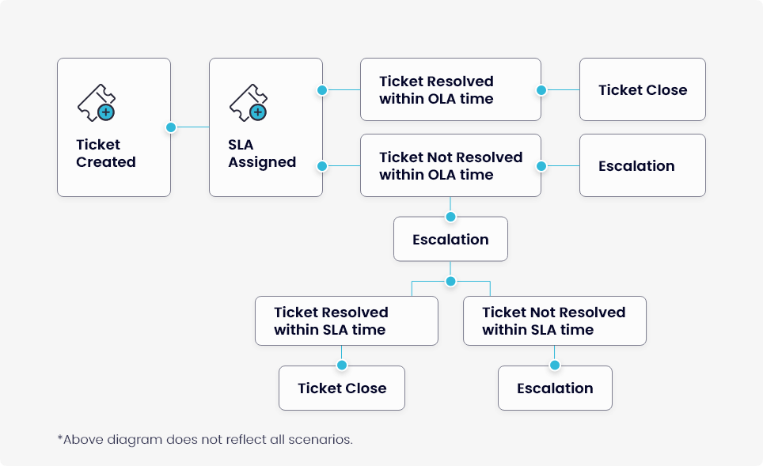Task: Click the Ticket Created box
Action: click(114, 127)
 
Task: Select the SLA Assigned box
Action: click(266, 127)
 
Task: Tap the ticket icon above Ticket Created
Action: click(97, 103)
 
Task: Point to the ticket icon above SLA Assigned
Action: click(249, 103)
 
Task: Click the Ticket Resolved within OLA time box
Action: click(450, 89)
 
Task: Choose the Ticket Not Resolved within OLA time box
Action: click(450, 165)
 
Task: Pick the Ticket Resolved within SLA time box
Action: click(347, 321)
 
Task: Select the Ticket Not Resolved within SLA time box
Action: click(555, 321)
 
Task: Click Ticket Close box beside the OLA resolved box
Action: click(643, 89)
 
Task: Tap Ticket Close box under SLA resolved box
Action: click(342, 388)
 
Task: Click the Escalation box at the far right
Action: click(643, 165)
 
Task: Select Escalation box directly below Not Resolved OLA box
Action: click(450, 239)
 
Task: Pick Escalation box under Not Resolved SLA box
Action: click(555, 388)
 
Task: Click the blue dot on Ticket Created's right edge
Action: click(171, 127)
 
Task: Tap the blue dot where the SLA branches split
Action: click(450, 281)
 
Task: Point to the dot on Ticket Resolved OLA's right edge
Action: click(541, 90)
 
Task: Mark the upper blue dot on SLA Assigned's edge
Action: click(322, 90)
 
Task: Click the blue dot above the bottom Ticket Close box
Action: click(342, 366)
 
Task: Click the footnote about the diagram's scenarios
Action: click(205, 440)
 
